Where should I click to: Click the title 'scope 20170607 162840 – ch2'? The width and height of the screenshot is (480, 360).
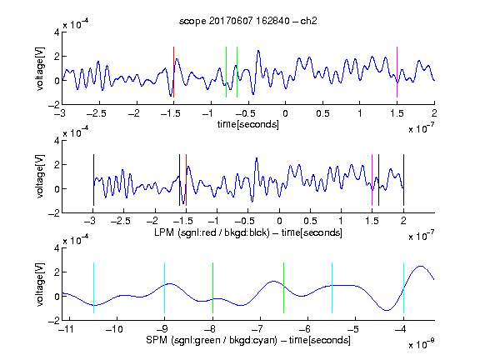click(x=248, y=21)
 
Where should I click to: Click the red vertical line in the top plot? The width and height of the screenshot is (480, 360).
click(x=173, y=72)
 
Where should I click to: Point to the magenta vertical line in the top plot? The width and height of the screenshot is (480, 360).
click(x=397, y=72)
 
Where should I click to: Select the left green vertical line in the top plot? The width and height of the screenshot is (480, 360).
click(x=226, y=72)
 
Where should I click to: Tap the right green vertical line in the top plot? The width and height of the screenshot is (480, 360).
click(x=237, y=72)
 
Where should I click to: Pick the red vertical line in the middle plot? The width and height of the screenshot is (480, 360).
click(x=186, y=180)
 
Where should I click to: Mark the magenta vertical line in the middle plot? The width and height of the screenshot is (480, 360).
click(x=372, y=180)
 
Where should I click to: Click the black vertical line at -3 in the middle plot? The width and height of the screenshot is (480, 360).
click(x=93, y=180)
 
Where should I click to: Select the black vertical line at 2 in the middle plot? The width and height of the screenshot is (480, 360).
click(x=403, y=180)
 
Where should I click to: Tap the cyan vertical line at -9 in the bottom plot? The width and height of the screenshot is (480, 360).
click(x=165, y=287)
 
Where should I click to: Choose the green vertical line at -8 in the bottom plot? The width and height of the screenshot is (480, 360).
click(x=212, y=287)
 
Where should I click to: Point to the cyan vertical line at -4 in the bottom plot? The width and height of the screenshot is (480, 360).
click(x=403, y=287)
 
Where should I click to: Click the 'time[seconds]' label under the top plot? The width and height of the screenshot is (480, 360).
click(x=248, y=125)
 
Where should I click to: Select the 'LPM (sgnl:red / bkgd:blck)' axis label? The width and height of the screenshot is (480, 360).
click(x=212, y=232)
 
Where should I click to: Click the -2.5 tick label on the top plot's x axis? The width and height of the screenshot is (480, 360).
click(x=97, y=113)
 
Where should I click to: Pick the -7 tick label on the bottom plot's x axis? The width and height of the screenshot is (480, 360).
click(x=259, y=329)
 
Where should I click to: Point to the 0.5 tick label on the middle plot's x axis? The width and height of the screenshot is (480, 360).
click(x=310, y=222)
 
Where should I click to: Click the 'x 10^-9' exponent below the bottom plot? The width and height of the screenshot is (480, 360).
click(x=422, y=343)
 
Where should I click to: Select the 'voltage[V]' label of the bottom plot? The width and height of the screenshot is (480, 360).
click(x=40, y=284)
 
